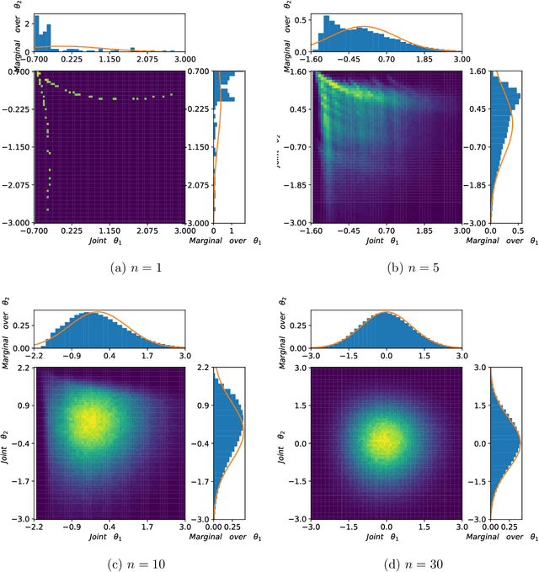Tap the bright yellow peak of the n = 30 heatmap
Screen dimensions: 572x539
386,442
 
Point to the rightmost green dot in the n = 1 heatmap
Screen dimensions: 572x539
171,94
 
